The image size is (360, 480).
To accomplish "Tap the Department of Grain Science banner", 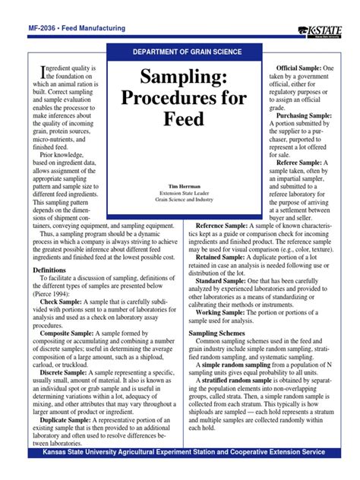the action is point(187,52).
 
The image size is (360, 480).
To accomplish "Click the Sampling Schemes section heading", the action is point(225,333).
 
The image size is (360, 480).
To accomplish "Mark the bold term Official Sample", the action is point(298,68).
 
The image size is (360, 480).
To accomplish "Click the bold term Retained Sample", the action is point(220,257).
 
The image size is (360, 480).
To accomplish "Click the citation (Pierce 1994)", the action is point(52,294).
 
